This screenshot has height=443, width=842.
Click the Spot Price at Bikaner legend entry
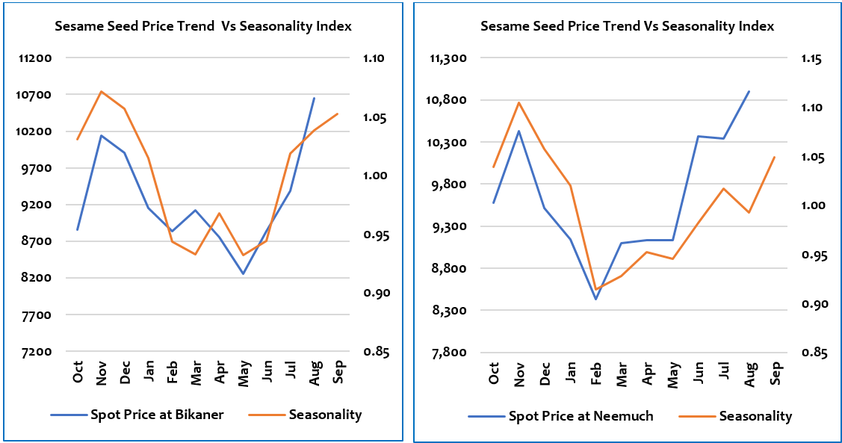point(156,415)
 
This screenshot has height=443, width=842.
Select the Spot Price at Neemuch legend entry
point(581,416)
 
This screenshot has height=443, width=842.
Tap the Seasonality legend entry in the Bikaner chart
point(325,415)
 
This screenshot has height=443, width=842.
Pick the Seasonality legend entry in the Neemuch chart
point(755,416)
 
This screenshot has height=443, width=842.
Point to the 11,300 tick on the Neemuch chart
point(449,58)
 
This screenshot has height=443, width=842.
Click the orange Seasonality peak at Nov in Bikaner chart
point(101,91)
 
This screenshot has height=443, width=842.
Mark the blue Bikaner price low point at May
point(243,274)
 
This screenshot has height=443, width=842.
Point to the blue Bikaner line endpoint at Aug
point(314,98)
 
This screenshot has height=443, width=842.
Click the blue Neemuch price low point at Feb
point(596,299)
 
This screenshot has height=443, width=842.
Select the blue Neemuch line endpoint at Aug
point(749,91)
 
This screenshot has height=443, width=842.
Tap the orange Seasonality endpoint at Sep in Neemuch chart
point(775,157)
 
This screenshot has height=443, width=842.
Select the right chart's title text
point(627,26)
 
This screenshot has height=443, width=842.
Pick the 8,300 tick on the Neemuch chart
point(449,310)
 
